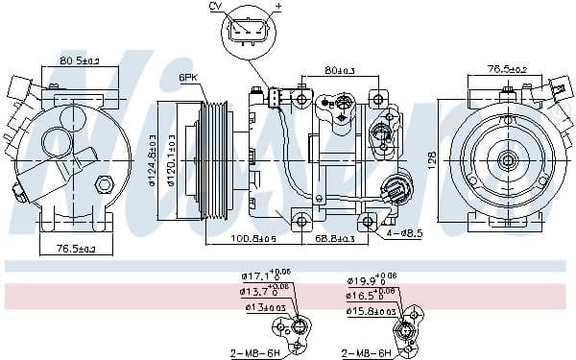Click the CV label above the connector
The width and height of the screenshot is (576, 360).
click(214, 7)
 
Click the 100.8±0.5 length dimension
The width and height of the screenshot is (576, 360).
click(254, 237)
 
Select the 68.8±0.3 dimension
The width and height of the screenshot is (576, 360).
click(334, 237)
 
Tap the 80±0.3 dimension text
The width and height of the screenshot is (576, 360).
click(341, 69)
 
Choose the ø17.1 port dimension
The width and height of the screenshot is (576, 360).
click(263, 278)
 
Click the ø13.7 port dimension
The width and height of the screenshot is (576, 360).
click(263, 293)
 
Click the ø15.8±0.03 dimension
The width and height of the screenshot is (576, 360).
click(369, 310)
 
